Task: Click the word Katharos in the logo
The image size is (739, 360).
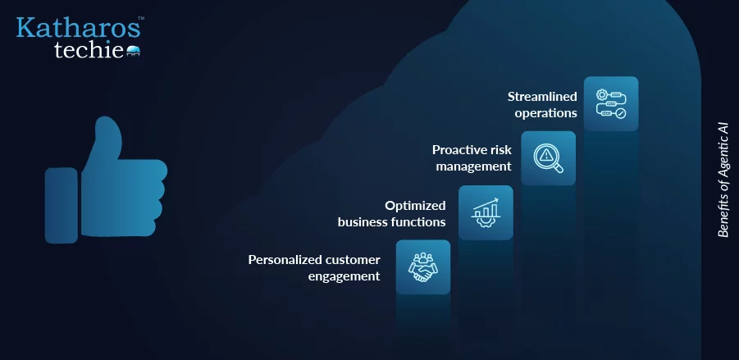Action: tap(78, 28)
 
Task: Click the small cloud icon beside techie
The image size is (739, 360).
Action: tap(134, 51)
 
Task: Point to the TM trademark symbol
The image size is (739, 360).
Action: tap(141, 18)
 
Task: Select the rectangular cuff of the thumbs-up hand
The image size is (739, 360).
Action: tap(62, 206)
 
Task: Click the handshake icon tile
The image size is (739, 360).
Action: tap(422, 267)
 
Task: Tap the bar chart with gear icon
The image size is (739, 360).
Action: tap(486, 212)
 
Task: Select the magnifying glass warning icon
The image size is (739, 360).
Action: tap(548, 157)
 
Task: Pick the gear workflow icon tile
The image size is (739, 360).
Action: tap(611, 103)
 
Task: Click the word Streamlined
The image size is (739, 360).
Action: tap(542, 97)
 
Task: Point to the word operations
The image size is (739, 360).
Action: tap(545, 113)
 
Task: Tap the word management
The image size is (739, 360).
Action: tap(473, 166)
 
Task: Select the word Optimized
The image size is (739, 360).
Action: tap(415, 206)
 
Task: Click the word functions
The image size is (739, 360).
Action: tap(421, 222)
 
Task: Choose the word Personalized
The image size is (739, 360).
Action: tap(281, 260)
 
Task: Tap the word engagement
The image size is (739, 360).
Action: tap(344, 276)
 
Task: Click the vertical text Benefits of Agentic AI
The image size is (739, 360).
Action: tap(723, 180)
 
